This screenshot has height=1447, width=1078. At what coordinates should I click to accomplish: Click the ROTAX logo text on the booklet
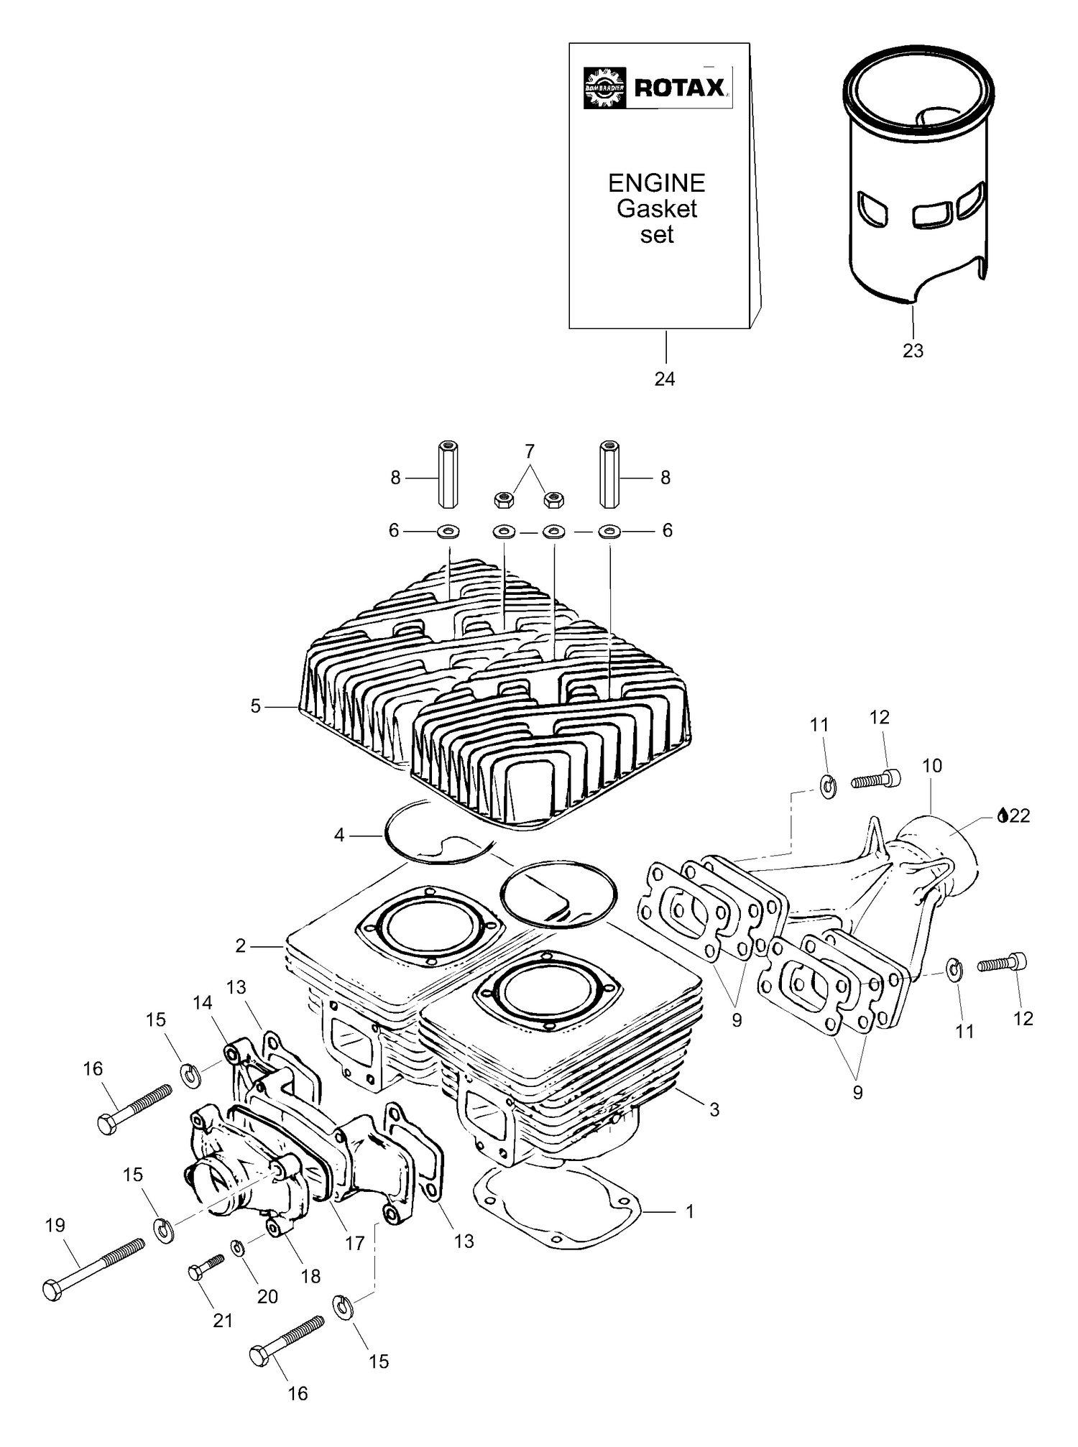point(679,88)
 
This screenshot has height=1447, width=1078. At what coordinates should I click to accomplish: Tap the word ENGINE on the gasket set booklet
point(656,183)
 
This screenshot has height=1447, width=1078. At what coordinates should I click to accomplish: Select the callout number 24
point(665,379)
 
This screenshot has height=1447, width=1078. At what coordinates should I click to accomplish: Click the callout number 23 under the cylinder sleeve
point(913,351)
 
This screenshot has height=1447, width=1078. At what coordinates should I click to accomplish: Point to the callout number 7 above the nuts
point(530,451)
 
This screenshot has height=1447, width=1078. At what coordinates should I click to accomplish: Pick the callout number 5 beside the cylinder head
point(256,706)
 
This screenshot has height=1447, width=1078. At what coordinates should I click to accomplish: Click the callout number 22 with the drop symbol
point(1020,815)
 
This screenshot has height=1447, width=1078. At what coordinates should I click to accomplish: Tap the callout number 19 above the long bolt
point(55,1225)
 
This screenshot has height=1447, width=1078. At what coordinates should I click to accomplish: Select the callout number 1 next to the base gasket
point(690,1211)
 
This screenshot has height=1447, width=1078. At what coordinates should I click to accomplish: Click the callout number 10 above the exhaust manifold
point(932,766)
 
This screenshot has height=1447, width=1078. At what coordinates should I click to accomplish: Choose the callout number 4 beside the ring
point(339,835)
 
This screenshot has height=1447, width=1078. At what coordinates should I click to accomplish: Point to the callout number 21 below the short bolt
point(223,1321)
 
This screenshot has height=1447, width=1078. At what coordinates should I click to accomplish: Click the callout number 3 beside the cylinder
point(714,1109)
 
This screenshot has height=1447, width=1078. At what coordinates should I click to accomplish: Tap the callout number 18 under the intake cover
point(310,1276)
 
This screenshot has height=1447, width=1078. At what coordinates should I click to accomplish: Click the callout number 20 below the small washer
point(267,1296)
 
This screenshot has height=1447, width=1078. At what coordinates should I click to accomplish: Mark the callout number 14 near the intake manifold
point(203,1002)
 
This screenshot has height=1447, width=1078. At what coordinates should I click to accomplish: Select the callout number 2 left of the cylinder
point(241,946)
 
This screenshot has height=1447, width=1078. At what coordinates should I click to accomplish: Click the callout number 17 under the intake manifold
point(355,1243)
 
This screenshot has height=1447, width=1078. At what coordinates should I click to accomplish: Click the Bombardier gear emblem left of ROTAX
point(605,88)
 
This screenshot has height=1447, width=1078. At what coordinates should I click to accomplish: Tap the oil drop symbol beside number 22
point(1003,815)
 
